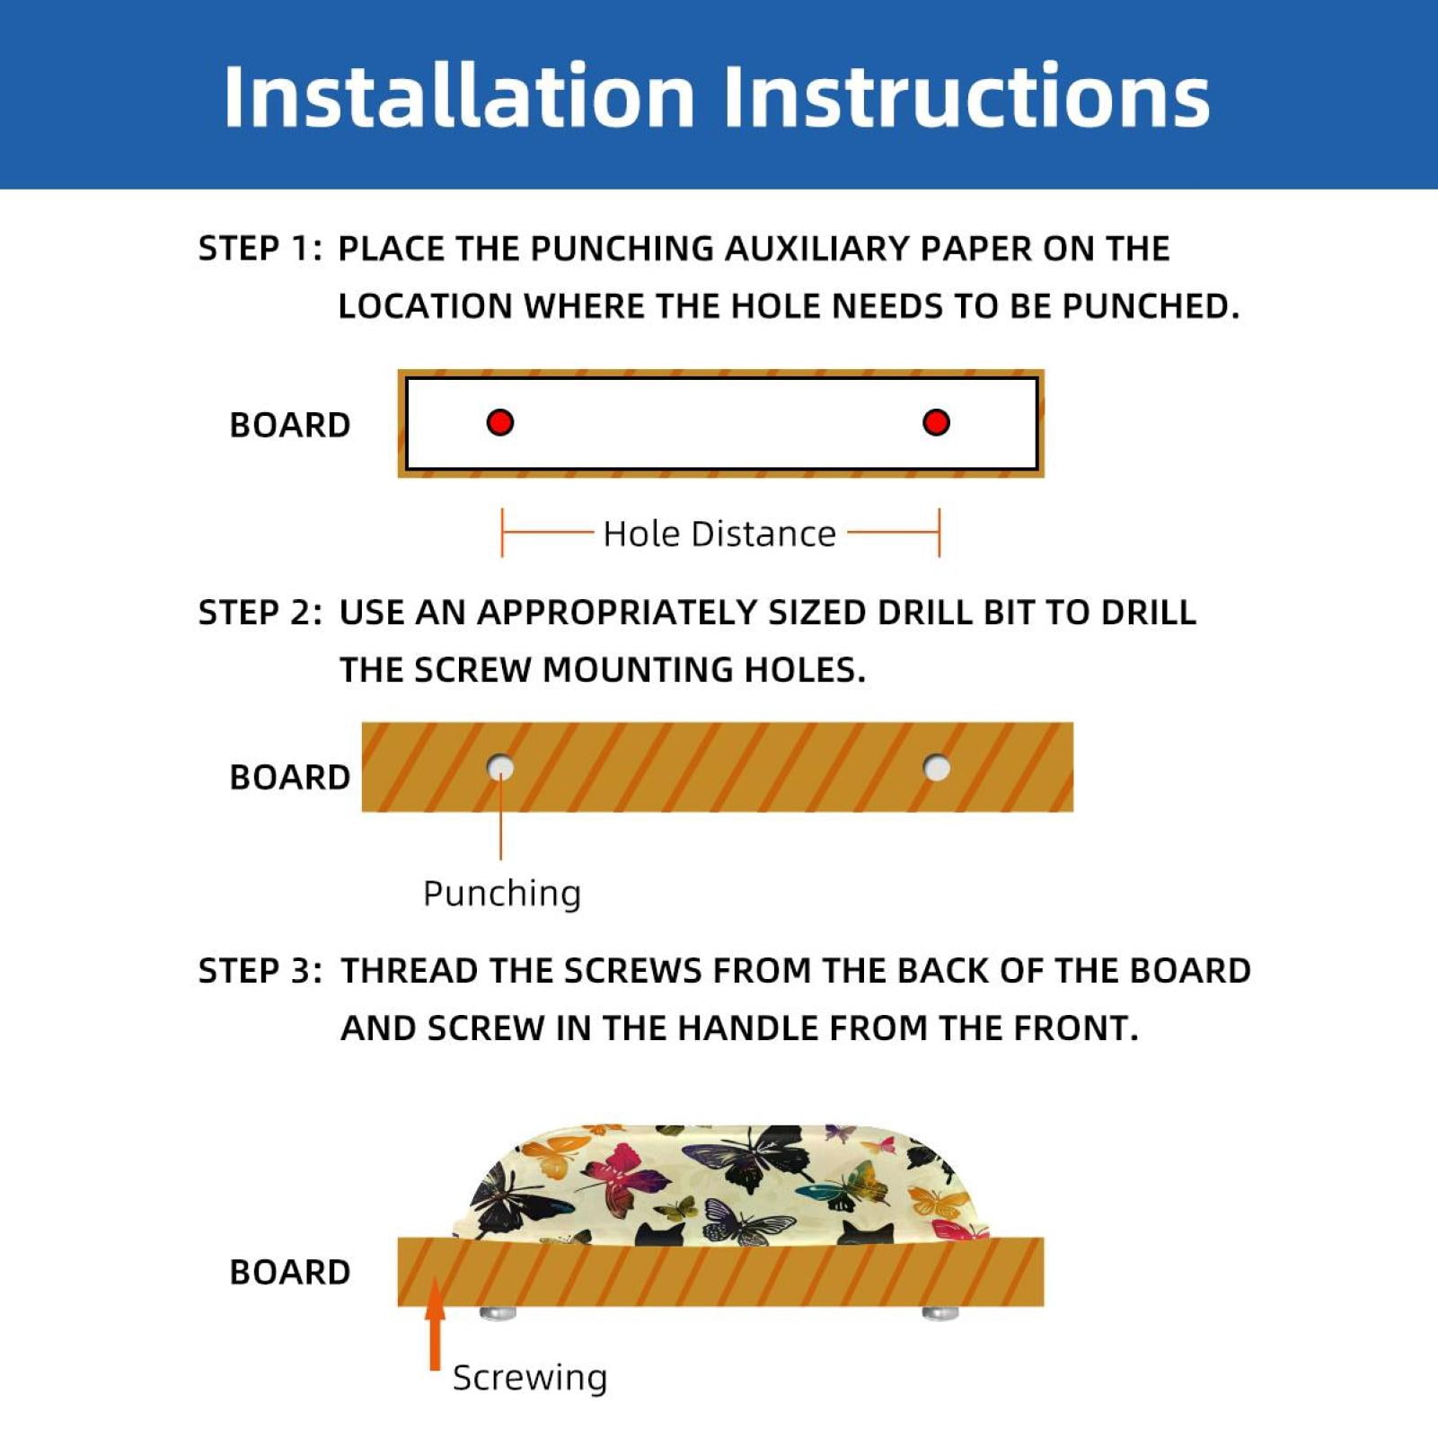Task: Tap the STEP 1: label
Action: (260, 249)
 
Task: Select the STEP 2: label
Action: (260, 613)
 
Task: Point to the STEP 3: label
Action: (260, 971)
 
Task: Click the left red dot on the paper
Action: (500, 422)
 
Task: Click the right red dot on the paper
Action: (936, 422)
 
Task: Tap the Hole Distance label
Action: (719, 534)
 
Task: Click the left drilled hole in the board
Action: (500, 768)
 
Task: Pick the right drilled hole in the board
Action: (937, 768)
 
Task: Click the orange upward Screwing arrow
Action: (436, 1324)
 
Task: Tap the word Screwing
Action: (530, 1378)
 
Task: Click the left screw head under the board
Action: (498, 1314)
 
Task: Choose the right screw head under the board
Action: (940, 1314)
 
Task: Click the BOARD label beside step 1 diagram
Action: (290, 425)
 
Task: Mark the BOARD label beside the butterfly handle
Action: (290, 1273)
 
